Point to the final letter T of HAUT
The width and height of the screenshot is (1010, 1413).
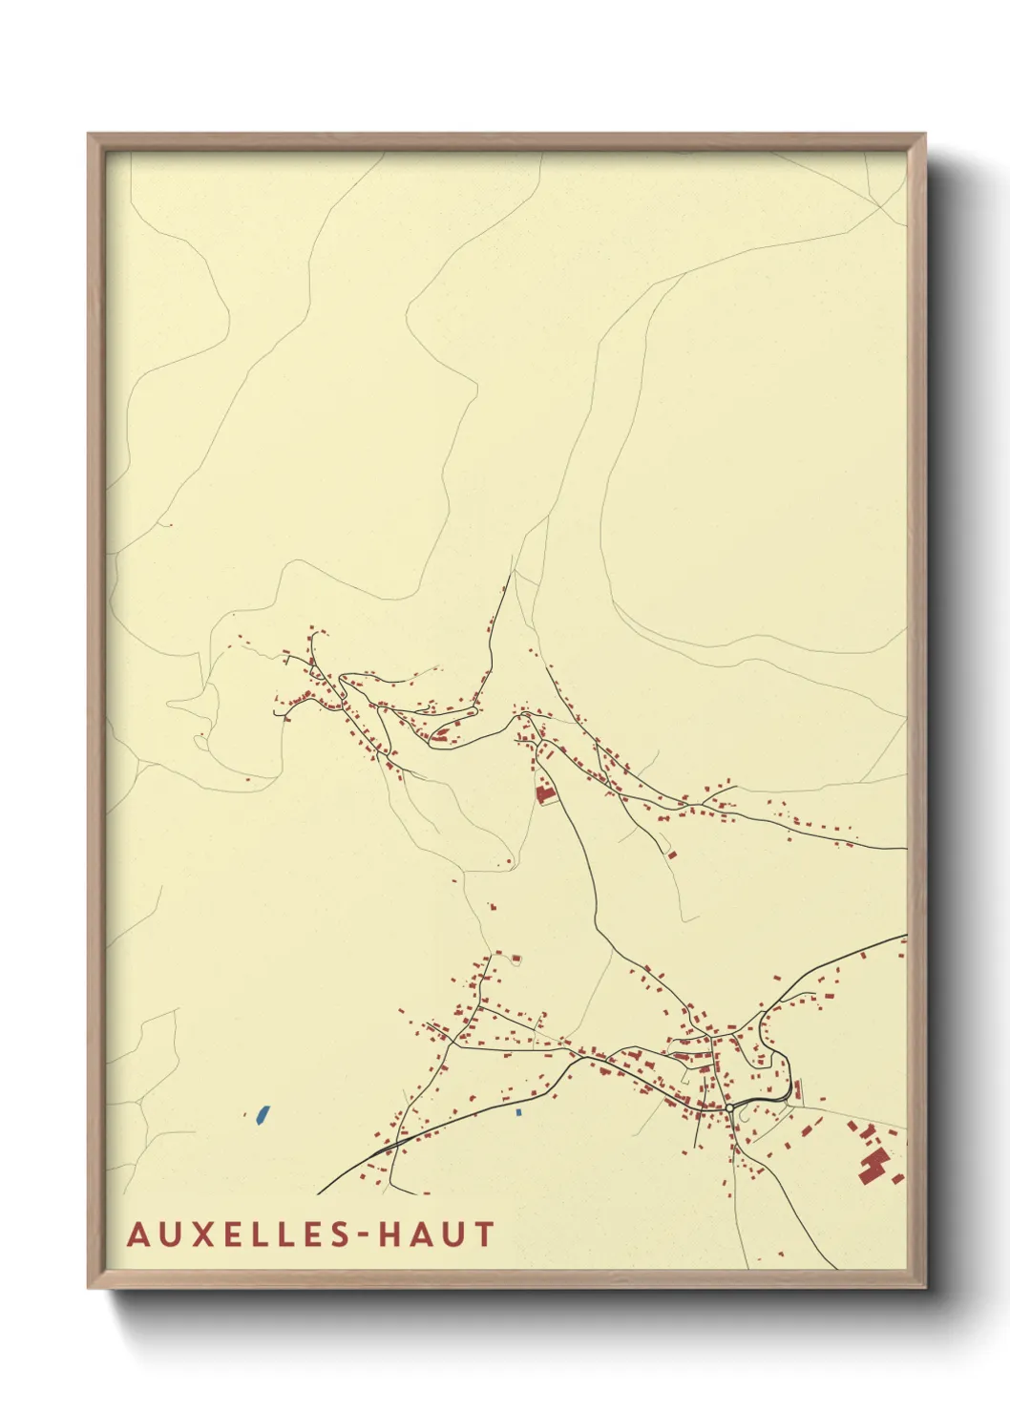pyautogui.click(x=485, y=1234)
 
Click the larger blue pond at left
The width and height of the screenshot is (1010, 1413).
pyautogui.click(x=261, y=1113)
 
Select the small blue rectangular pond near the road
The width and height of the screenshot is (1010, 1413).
pyautogui.click(x=518, y=1112)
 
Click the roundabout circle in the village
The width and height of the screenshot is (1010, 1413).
pyautogui.click(x=729, y=1107)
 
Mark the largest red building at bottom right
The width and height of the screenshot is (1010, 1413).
pyautogui.click(x=873, y=1166)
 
